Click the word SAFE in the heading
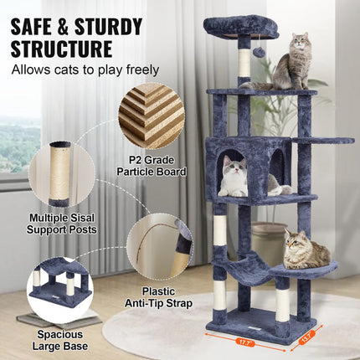(33, 25)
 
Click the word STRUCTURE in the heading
(63, 48)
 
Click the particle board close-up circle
(152, 116)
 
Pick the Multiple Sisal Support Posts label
(62, 223)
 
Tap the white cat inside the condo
(234, 177)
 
